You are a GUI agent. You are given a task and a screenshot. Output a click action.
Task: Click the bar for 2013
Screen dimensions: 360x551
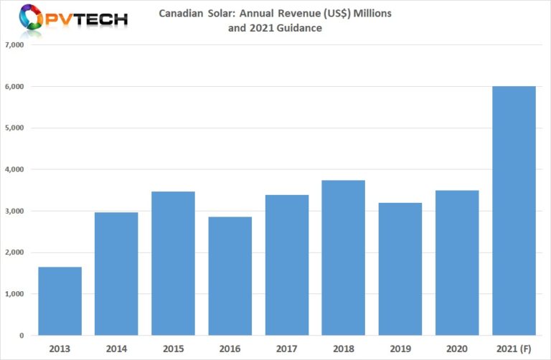click(x=60, y=301)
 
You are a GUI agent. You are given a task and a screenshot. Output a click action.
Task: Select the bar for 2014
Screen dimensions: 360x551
click(x=116, y=274)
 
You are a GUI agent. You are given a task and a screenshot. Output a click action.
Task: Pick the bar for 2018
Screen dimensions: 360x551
click(x=344, y=257)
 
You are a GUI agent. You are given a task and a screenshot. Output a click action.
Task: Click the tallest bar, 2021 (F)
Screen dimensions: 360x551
click(x=514, y=211)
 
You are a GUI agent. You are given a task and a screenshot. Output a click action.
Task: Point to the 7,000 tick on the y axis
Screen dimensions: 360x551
click(x=15, y=45)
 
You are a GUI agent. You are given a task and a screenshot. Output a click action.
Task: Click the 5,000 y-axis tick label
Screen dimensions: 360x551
click(x=15, y=128)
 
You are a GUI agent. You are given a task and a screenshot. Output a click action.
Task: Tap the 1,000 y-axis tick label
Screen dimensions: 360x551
click(x=15, y=294)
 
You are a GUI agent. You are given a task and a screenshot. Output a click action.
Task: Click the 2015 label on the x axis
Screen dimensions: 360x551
click(x=173, y=348)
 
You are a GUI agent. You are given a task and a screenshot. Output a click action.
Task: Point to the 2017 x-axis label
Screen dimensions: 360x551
click(x=287, y=348)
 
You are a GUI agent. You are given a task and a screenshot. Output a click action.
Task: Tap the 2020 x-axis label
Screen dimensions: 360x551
click(x=457, y=348)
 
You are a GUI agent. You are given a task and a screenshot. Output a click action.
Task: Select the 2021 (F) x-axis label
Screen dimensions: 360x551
click(x=514, y=348)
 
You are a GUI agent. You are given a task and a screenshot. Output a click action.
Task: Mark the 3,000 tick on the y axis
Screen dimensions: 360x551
click(x=15, y=212)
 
